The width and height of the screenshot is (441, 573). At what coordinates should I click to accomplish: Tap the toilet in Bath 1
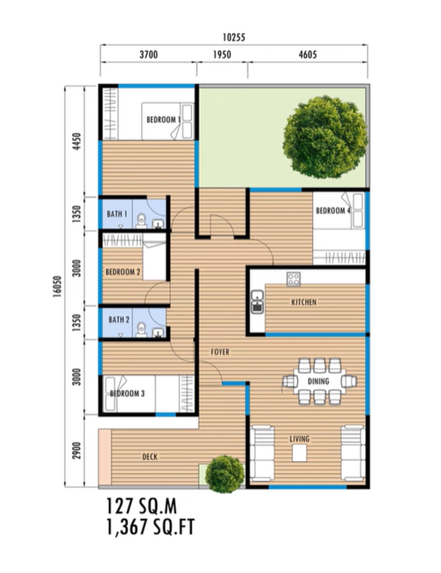pos(142,221)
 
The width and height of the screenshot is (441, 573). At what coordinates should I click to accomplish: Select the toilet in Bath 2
pos(142,330)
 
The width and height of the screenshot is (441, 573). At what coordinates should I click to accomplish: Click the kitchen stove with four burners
pos(293,279)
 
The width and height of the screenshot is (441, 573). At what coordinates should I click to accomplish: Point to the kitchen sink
pos(258,302)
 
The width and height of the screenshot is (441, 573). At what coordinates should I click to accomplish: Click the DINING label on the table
pos(318,381)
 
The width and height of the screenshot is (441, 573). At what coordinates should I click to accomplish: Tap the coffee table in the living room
pos(299,453)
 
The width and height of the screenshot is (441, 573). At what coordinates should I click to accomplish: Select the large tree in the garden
pos(325,137)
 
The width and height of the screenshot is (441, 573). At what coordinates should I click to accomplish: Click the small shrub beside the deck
pos(224,474)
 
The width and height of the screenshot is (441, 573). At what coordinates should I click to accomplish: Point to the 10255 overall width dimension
pos(234,37)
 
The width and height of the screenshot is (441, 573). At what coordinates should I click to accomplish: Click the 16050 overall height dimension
pos(57,286)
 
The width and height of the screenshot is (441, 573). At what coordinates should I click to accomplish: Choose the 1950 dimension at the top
pos(222,55)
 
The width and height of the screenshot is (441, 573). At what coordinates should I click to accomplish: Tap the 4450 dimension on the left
pos(77,141)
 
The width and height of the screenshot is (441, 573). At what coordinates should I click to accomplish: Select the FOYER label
pos(220,352)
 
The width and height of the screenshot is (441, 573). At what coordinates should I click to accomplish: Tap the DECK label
pos(150,457)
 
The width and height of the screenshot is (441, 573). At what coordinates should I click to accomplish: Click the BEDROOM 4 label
pos(333,211)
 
